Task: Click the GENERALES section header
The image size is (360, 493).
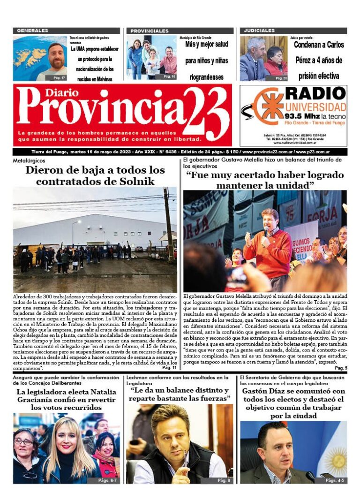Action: click(32, 30)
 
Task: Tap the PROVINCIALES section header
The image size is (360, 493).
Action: click(150, 30)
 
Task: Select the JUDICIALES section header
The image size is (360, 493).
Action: click(259, 30)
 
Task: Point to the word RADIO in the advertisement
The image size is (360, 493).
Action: click(315, 93)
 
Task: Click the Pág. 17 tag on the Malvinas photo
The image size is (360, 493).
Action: click(60, 77)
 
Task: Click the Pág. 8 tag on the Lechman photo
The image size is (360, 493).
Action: click(224, 480)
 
